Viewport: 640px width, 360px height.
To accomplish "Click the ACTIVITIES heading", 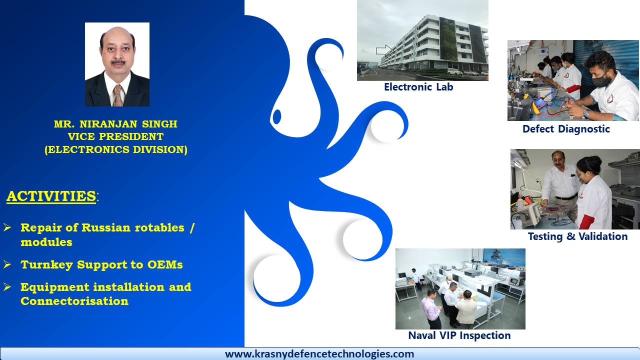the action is tap(51, 196).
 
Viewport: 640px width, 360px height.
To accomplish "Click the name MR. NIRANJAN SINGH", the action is tap(115, 124).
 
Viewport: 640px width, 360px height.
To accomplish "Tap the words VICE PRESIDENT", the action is tap(115, 136).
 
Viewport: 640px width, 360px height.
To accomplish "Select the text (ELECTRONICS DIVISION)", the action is tap(115, 149).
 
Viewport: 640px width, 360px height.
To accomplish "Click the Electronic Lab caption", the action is tap(418, 87).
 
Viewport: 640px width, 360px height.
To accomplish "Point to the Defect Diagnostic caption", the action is tap(566, 129).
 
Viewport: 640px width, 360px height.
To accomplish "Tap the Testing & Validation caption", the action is tap(577, 236).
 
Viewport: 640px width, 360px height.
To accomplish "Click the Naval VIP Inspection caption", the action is tap(459, 335).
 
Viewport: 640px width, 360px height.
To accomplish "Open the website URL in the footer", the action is tap(319, 353).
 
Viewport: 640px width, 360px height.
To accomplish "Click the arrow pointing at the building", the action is tap(385, 50).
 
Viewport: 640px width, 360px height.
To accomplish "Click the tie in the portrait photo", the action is tap(117, 95).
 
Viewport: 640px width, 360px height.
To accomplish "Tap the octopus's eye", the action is tap(277, 116).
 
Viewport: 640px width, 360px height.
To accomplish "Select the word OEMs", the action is tap(165, 264).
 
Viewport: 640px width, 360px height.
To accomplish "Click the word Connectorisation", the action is tap(74, 301).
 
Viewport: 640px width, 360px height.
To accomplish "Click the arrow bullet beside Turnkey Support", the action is tap(7, 264).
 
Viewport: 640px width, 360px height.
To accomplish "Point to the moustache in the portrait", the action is tap(118, 61).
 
